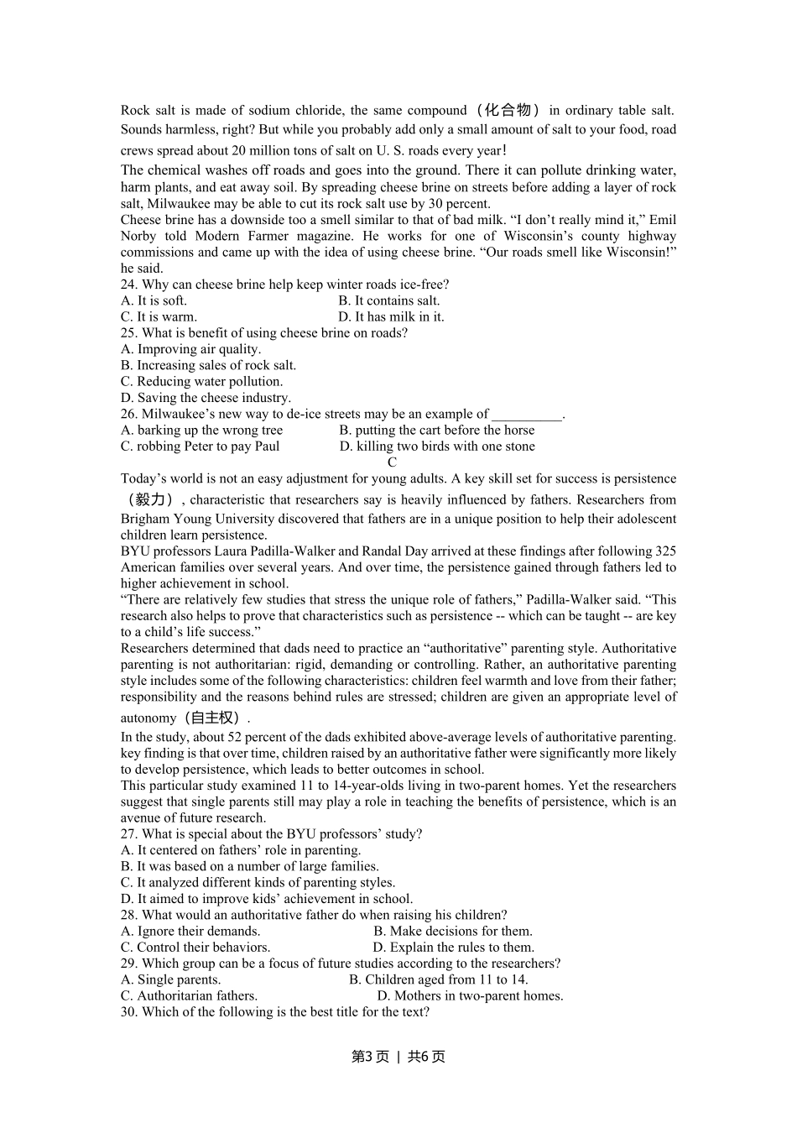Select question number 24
click(x=129, y=285)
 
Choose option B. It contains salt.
click(x=388, y=300)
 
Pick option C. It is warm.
click(x=159, y=316)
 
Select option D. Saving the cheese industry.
click(x=206, y=398)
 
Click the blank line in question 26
click(x=526, y=414)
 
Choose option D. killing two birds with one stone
click(x=436, y=446)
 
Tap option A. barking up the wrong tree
click(x=201, y=430)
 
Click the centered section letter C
click(x=392, y=462)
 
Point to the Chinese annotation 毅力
click(x=151, y=499)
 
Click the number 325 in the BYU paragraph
click(x=665, y=551)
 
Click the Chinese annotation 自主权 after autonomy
click(x=215, y=718)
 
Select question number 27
click(x=129, y=833)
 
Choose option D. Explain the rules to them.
click(x=453, y=947)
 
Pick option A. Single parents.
click(x=170, y=979)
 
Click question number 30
click(x=129, y=1011)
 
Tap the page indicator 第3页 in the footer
click(x=370, y=1057)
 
